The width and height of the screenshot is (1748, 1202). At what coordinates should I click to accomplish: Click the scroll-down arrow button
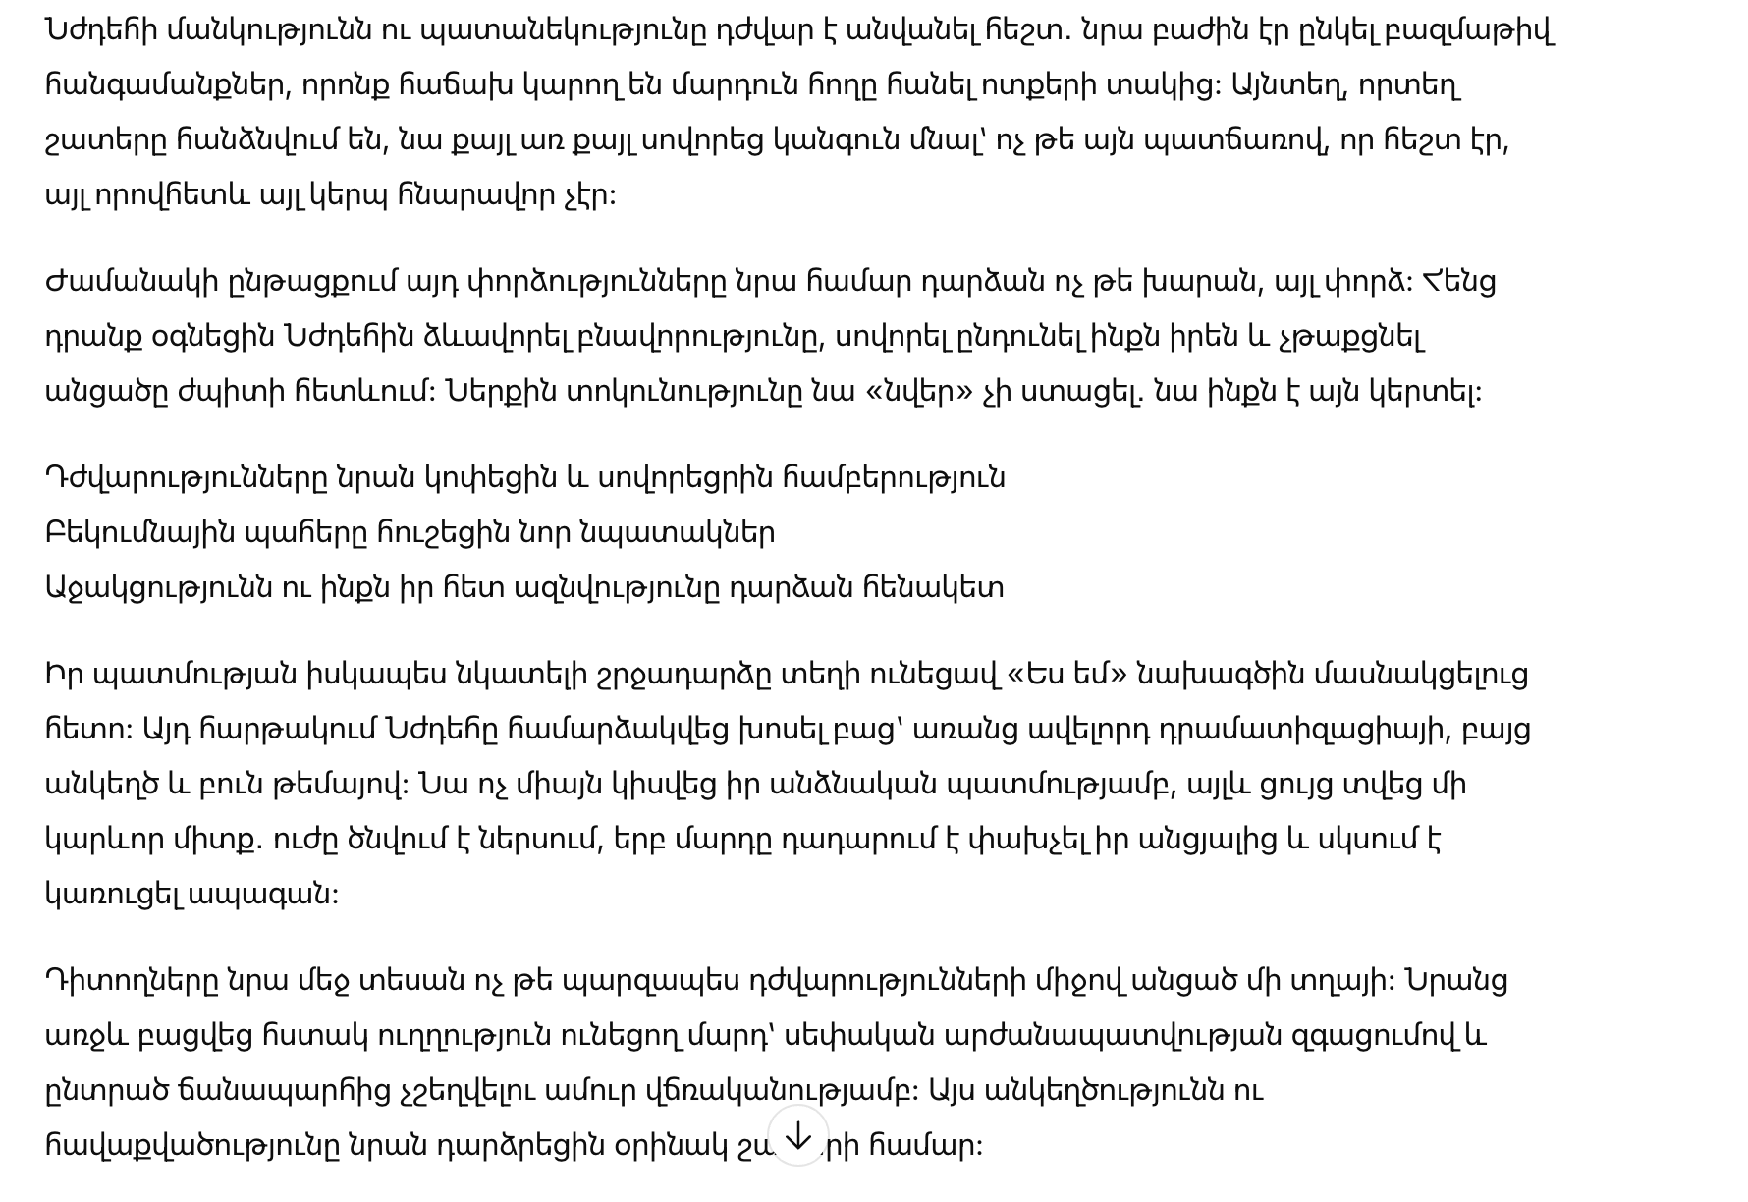798,1136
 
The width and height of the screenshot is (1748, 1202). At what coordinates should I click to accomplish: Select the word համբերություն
894,478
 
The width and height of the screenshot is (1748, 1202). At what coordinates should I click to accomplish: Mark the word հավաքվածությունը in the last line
192,1146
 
